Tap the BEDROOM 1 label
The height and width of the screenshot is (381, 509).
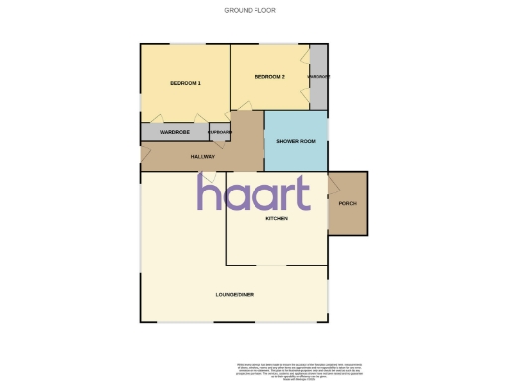coord(186,83)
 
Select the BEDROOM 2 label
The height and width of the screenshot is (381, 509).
coord(269,77)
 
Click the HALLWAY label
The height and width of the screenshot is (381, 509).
coord(203,156)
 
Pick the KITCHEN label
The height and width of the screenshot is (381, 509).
coord(276,218)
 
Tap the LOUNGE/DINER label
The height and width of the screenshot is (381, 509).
coord(236,295)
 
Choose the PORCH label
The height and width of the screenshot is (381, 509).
coord(347,203)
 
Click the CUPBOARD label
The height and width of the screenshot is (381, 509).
coord(220,132)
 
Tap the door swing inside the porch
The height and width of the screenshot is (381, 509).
coord(335,184)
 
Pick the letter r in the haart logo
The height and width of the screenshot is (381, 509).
coord(282,193)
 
